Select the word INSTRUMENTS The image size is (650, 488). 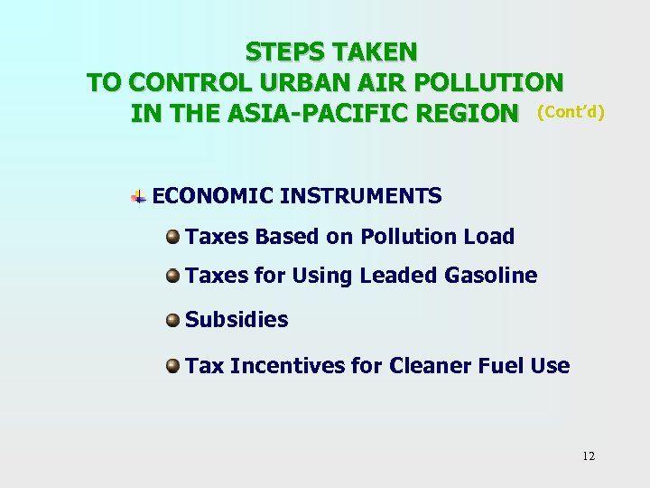pyautogui.click(x=361, y=195)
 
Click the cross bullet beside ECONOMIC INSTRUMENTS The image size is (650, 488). pyautogui.click(x=139, y=195)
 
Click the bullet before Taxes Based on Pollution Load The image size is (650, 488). pyautogui.click(x=172, y=237)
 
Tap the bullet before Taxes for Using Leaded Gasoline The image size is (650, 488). pyautogui.click(x=172, y=275)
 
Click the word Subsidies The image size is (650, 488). pyautogui.click(x=237, y=320)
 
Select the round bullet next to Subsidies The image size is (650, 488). pyautogui.click(x=172, y=320)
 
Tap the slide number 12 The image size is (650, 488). pyautogui.click(x=589, y=455)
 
